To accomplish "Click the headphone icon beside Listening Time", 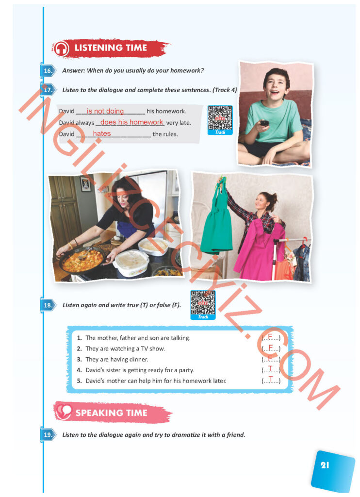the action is pyautogui.click(x=61, y=49).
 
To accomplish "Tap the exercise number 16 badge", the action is pyautogui.click(x=48, y=71).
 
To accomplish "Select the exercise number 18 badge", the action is pyautogui.click(x=48, y=305).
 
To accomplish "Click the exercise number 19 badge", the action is pyautogui.click(x=48, y=434).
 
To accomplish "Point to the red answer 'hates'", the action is pyautogui.click(x=102, y=133).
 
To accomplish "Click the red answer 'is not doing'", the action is pyautogui.click(x=105, y=111).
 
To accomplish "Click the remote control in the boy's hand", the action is pyautogui.click(x=264, y=123).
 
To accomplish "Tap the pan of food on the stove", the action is pyautogui.click(x=82, y=261).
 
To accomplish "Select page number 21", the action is pyautogui.click(x=325, y=465).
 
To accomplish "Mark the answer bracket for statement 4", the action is pyautogui.click(x=271, y=369).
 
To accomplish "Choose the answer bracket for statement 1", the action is pyautogui.click(x=271, y=337).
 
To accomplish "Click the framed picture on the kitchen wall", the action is pyautogui.click(x=85, y=184).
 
